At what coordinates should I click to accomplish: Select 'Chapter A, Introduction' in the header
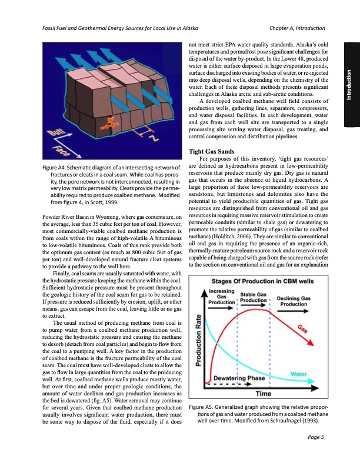click(x=296, y=29)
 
